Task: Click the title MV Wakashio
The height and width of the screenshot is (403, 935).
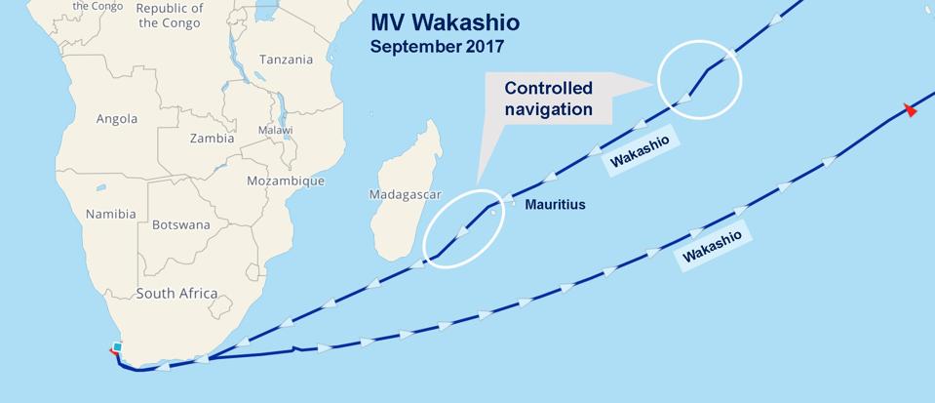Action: point(446,21)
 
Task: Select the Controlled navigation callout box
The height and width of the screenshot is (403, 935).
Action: point(548,99)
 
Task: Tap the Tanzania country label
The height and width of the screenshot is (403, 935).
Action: point(286,60)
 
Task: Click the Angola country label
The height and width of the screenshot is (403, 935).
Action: point(117,119)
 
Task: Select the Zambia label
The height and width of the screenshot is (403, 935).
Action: point(212,139)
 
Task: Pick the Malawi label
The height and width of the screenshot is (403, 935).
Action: point(275,130)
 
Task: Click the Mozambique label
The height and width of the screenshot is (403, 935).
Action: point(286,181)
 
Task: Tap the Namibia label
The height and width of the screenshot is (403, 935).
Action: point(110,214)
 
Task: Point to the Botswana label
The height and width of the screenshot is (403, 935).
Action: point(180,224)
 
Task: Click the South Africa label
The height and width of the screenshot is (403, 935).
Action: point(176,294)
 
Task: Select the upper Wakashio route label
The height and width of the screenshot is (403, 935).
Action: point(640,152)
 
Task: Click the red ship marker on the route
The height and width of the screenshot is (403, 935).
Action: point(911,110)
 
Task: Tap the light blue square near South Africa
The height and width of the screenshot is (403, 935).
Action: point(117,347)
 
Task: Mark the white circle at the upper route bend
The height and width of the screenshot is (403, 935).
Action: point(699,79)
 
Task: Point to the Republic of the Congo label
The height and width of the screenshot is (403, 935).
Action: point(170,16)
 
